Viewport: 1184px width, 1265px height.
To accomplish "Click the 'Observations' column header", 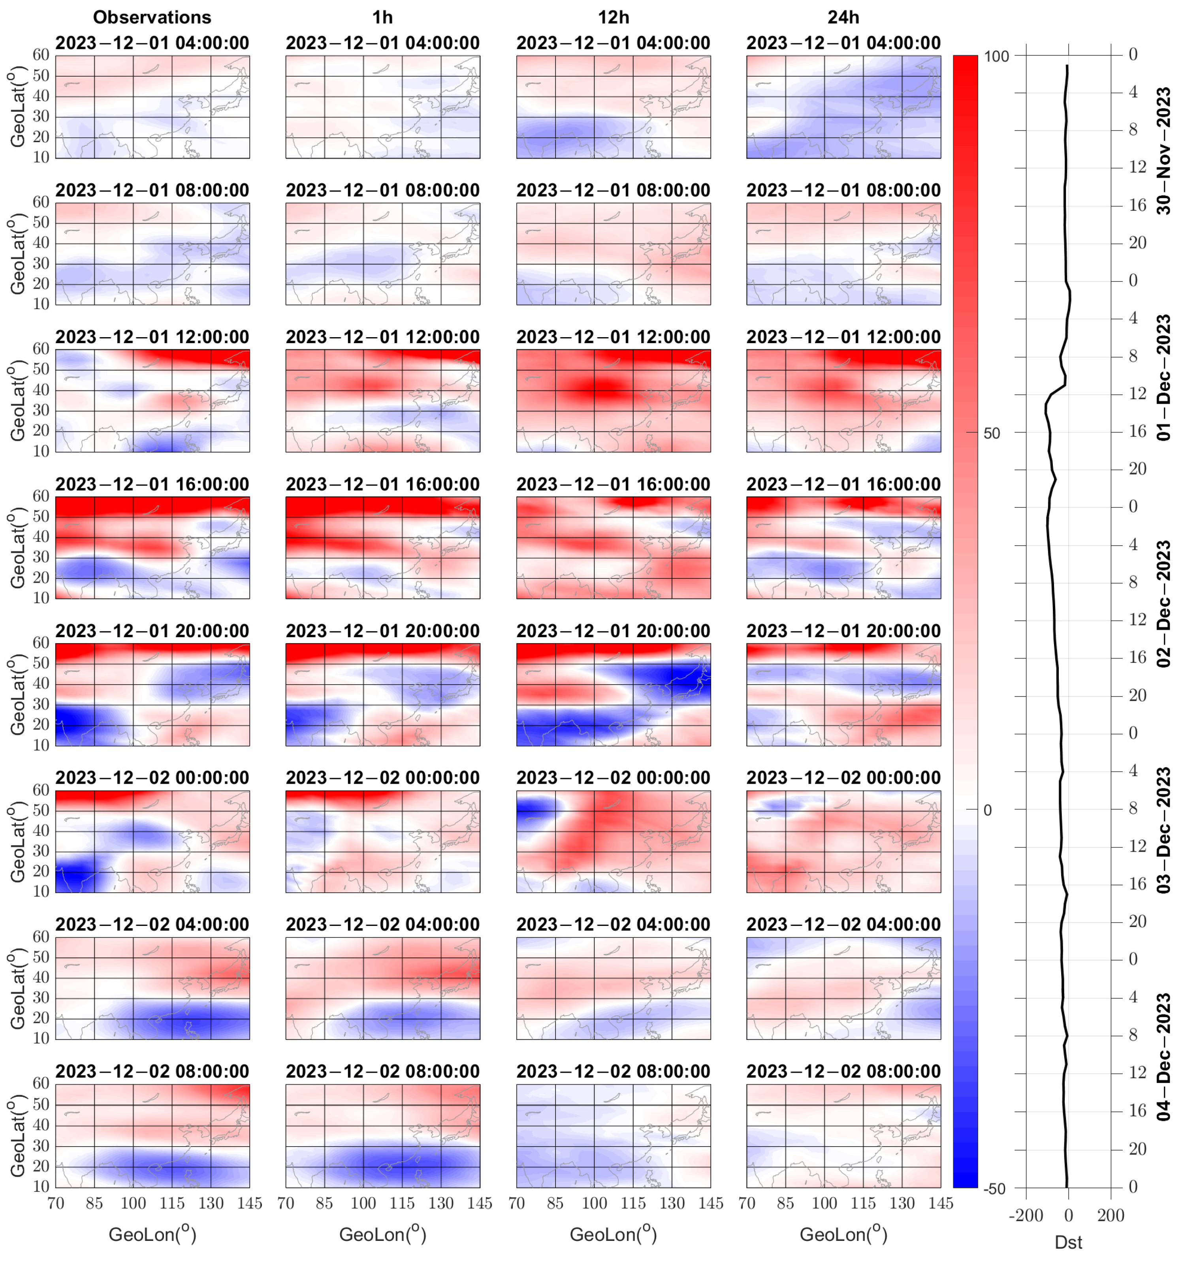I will pos(152,17).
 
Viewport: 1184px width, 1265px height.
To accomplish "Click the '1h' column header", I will pos(382,17).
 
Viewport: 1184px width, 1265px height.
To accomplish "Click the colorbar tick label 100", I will pos(996,56).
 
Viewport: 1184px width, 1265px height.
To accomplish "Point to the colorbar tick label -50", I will pos(995,1188).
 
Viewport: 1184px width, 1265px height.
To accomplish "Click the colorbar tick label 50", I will pos(992,434).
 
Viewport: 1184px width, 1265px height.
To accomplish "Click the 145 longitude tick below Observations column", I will pos(250,1203).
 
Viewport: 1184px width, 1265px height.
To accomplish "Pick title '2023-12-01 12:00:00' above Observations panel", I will pos(152,337).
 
